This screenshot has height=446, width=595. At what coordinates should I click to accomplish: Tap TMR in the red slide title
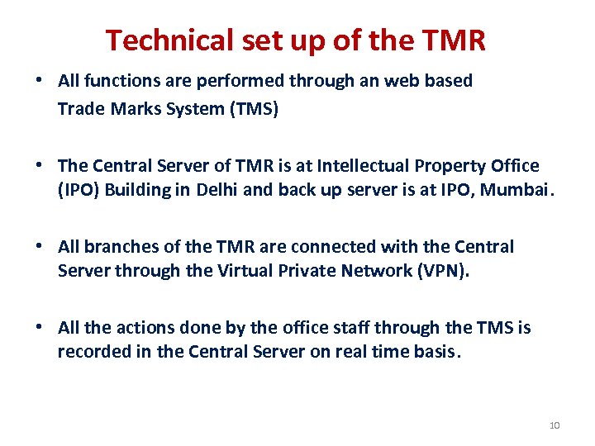454,40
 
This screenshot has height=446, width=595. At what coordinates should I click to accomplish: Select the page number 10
554,425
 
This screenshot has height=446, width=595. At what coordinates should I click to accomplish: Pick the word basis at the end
435,351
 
